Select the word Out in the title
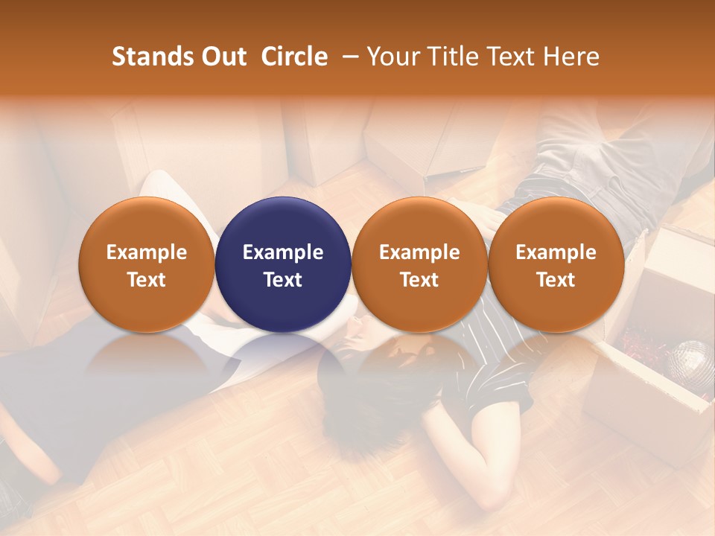point(223,57)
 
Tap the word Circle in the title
point(294,57)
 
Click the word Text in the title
point(512,57)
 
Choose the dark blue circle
point(282,223)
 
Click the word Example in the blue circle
point(282,252)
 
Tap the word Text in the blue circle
point(282,280)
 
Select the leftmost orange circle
point(146,223)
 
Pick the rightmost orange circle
point(556,223)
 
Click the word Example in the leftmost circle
point(146,252)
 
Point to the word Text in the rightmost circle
point(556,280)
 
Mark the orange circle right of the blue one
point(419,223)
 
